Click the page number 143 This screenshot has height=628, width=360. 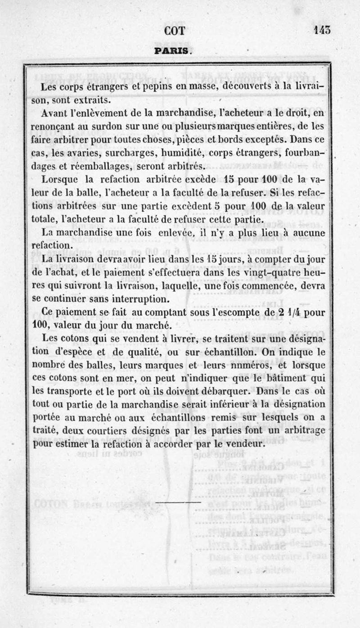click(322, 31)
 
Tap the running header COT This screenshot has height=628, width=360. click(175, 31)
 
